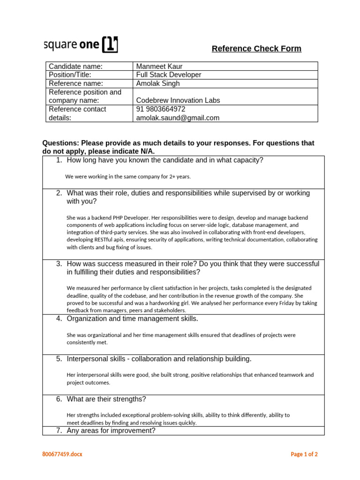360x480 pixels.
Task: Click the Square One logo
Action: (81, 45)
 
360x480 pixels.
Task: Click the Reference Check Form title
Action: (256, 49)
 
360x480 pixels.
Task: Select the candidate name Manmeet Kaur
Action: (159, 66)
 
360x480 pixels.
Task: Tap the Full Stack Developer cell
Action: (168, 75)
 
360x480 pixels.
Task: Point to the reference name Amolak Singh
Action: (157, 83)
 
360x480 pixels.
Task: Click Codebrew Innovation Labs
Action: (178, 100)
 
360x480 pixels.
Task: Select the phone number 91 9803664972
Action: (161, 109)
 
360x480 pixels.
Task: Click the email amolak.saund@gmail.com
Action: (177, 118)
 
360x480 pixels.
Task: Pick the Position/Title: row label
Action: (70, 75)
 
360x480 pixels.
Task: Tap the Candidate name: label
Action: (75, 66)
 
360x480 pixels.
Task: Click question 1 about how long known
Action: (165, 160)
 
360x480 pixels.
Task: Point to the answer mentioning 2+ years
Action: (128, 177)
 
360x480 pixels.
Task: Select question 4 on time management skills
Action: (132, 319)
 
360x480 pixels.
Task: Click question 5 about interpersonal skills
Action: (159, 359)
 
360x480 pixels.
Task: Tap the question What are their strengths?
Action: (106, 399)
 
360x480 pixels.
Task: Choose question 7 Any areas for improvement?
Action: (111, 430)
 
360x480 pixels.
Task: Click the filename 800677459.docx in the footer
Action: (62, 454)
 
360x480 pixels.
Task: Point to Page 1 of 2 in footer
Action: (304, 454)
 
